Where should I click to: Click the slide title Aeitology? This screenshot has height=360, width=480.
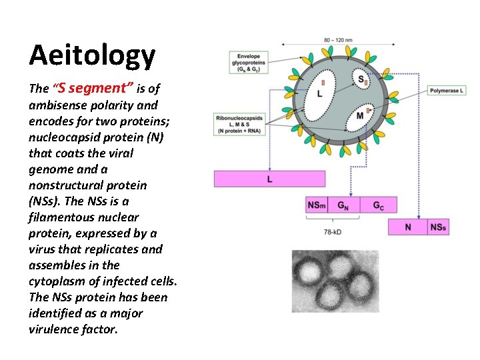tap(92, 55)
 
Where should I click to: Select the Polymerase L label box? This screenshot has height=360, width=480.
tap(446, 90)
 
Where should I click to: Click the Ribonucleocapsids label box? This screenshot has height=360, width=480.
tap(239, 125)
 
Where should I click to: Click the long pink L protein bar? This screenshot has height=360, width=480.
tap(269, 179)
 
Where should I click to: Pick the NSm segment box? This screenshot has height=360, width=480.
tap(317, 205)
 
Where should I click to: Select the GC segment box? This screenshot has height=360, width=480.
tap(379, 205)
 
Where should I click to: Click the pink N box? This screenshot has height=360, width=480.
tap(408, 227)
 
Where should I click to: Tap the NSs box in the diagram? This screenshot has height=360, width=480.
tap(438, 227)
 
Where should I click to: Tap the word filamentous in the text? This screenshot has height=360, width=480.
tap(63, 217)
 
